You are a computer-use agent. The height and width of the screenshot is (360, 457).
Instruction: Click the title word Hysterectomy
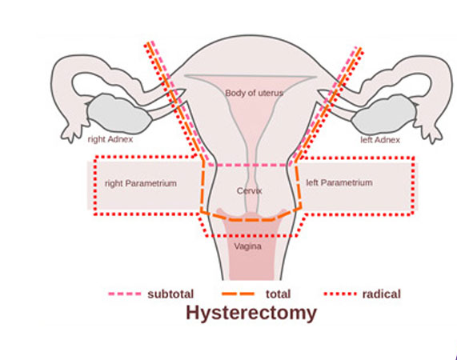[x=251, y=314]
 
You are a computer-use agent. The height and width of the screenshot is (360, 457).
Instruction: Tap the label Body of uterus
[x=255, y=94]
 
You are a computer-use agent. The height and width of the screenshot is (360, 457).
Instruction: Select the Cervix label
[x=249, y=190]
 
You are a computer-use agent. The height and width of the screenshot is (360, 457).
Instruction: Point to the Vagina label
[x=248, y=246]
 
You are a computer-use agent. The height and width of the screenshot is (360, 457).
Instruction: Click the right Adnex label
[x=110, y=139]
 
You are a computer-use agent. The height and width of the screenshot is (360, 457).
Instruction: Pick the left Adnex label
[x=380, y=140]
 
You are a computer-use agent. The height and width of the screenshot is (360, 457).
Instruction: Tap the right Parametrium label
[x=141, y=183]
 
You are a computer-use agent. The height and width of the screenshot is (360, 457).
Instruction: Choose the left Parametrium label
[x=339, y=182]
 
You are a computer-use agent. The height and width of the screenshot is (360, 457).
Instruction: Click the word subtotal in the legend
[x=170, y=294]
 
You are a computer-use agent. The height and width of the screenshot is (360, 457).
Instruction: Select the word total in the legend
[x=278, y=294]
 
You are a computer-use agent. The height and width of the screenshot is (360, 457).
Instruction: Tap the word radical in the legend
[x=382, y=294]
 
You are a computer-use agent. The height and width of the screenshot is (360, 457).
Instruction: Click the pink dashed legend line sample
[x=124, y=294]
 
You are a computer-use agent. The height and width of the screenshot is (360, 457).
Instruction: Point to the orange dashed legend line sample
[x=239, y=294]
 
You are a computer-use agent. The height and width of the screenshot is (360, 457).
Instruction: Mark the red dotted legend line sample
[x=340, y=294]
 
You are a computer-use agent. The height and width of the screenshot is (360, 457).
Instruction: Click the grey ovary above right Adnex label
[x=119, y=114]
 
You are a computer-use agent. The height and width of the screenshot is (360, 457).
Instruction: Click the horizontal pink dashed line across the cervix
[x=249, y=165]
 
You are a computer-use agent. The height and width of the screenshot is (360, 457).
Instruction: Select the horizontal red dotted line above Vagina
[x=251, y=235]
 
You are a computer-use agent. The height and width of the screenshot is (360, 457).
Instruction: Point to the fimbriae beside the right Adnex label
[x=70, y=133]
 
